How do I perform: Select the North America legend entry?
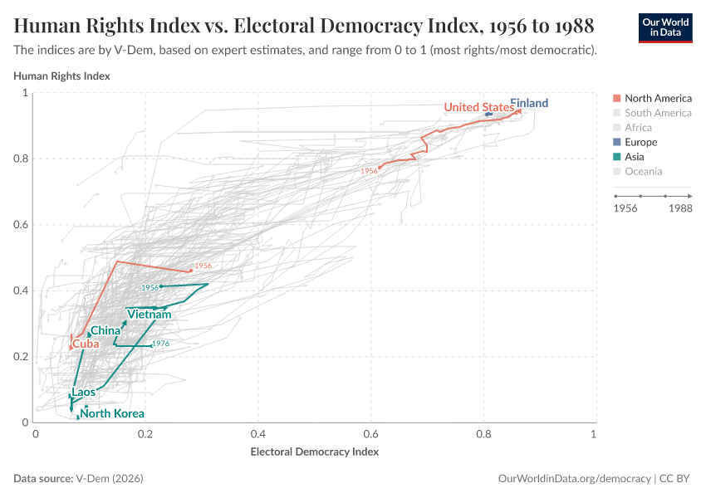tap(658, 98)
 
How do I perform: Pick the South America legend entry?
tap(658, 113)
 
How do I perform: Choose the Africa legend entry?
tap(638, 128)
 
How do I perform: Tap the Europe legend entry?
tap(640, 142)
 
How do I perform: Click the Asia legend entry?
tap(634, 157)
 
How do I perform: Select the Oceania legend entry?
tap(643, 172)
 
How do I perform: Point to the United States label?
tap(478, 107)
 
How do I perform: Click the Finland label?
tap(529, 103)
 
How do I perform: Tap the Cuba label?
tap(86, 344)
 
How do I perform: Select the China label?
tap(105, 331)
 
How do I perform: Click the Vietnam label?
tap(150, 315)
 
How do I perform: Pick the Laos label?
tap(84, 392)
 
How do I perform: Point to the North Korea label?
tap(112, 413)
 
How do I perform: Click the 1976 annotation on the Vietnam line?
tap(161, 344)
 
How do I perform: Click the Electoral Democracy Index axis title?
tap(314, 452)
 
